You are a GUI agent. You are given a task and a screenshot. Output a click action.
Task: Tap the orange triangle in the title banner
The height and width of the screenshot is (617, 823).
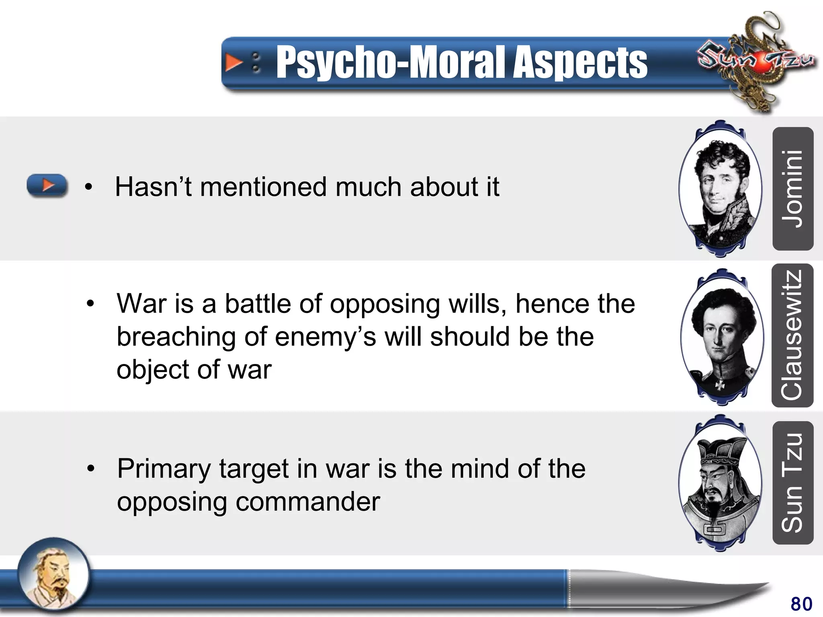233,63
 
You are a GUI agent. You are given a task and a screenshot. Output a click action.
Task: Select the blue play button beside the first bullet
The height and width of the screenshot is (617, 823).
47,186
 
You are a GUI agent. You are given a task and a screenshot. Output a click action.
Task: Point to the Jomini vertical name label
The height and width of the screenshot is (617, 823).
792,189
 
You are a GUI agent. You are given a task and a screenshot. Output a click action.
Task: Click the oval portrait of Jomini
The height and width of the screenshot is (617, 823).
721,189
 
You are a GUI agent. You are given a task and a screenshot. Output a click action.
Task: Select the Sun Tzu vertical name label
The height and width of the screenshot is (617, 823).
792,483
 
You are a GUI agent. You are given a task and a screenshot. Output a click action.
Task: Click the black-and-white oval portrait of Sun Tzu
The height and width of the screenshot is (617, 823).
721,483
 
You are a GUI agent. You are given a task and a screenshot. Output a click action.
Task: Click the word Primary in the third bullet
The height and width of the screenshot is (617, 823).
164,469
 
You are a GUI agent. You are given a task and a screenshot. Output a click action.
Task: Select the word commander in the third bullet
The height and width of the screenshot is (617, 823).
307,502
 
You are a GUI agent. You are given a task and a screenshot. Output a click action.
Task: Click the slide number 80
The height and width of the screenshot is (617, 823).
801,604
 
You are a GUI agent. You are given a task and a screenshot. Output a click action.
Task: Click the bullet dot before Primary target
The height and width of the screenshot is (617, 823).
91,468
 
